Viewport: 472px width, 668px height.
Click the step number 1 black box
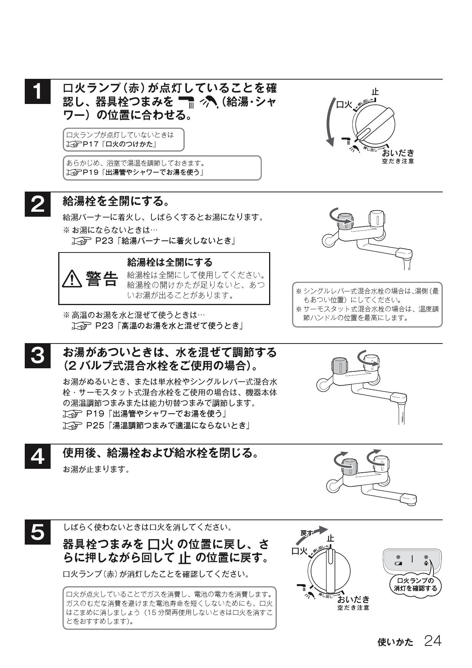tap(37, 92)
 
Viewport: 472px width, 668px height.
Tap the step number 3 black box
tap(37, 356)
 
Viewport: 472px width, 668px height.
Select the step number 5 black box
tap(37, 532)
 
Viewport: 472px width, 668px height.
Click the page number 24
tap(433, 641)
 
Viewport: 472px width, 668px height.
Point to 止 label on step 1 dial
tap(375, 92)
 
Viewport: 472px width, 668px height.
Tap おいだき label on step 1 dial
tap(398, 153)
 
